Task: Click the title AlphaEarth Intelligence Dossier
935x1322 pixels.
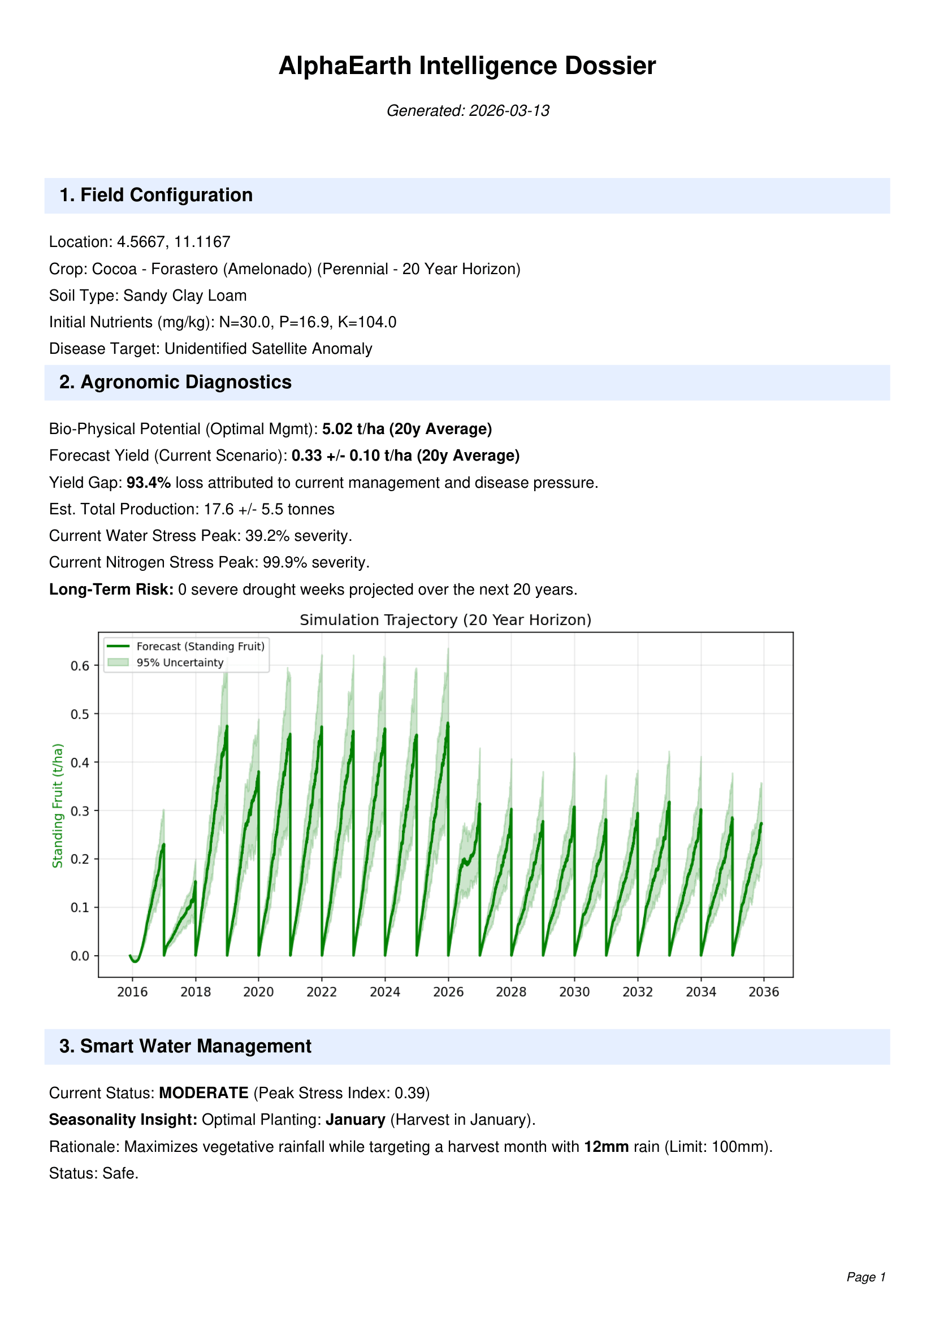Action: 467,66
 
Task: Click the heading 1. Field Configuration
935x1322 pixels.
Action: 156,195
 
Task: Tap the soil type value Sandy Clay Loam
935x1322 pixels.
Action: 185,296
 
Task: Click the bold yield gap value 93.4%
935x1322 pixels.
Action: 149,483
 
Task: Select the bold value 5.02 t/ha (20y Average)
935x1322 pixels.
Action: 406,429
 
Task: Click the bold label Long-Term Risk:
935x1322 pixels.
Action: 111,589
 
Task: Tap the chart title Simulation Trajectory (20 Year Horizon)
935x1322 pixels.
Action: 445,619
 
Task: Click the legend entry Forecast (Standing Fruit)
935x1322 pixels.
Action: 200,646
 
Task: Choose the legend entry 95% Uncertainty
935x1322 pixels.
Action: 180,662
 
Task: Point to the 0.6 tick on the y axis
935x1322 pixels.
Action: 80,666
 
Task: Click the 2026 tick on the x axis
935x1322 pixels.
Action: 448,991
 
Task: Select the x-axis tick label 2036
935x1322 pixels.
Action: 763,991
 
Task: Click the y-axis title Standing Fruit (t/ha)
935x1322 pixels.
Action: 58,805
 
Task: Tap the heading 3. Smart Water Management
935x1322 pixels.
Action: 185,1046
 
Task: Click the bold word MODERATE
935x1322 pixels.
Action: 204,1093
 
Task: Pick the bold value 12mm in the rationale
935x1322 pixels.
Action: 606,1146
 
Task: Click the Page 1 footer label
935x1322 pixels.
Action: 865,1277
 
